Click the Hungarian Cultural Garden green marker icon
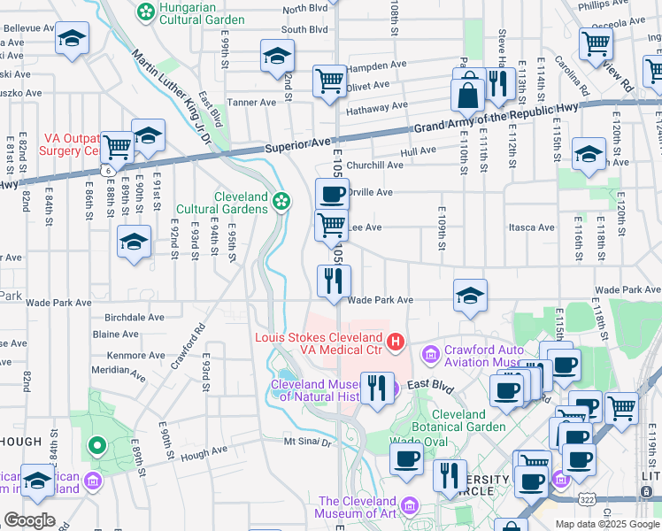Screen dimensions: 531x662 click(145, 12)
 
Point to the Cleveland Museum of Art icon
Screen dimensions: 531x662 click(409, 506)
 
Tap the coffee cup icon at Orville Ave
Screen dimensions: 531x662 click(332, 194)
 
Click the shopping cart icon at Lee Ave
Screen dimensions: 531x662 click(331, 226)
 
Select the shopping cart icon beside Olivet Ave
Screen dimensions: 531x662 click(329, 81)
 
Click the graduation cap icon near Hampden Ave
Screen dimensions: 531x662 click(277, 56)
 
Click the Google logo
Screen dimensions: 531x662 click(29, 520)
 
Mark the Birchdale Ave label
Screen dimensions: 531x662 click(134, 317)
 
